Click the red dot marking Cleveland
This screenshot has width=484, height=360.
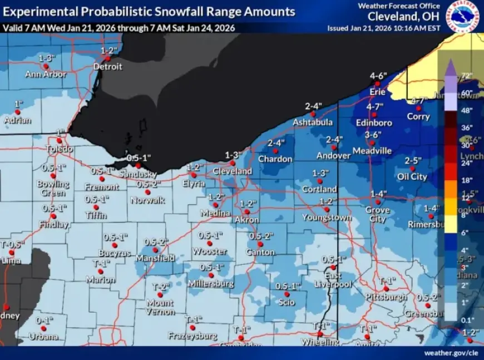(233, 163)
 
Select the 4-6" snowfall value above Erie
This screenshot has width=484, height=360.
(378, 76)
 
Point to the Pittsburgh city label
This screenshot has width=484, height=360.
(387, 298)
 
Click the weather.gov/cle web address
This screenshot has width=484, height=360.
(450, 353)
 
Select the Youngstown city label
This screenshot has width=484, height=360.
(327, 218)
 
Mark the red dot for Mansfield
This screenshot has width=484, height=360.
(155, 250)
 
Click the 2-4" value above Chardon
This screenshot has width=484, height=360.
(276, 143)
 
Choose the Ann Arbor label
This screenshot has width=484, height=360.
(46, 74)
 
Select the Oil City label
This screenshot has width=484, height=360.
(412, 177)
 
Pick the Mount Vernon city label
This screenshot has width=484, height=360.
(160, 307)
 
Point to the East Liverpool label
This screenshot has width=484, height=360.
(334, 280)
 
